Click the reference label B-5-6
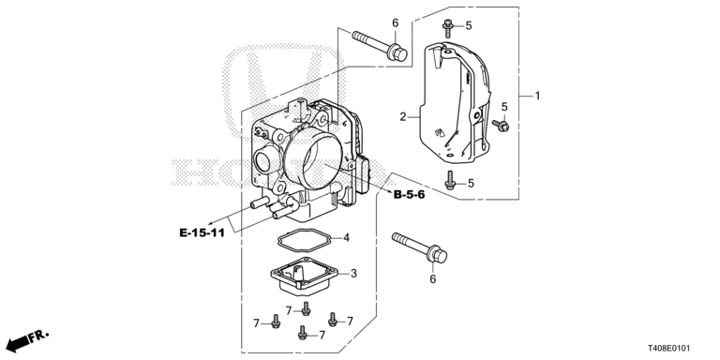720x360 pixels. (409, 195)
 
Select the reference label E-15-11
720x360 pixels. (202, 232)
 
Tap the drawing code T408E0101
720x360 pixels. (669, 349)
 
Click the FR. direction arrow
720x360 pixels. (26, 340)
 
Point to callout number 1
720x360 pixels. (537, 96)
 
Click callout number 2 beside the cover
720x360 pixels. (403, 117)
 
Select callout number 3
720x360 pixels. (353, 274)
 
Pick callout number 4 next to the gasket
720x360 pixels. (346, 238)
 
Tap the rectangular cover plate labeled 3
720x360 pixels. (304, 275)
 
